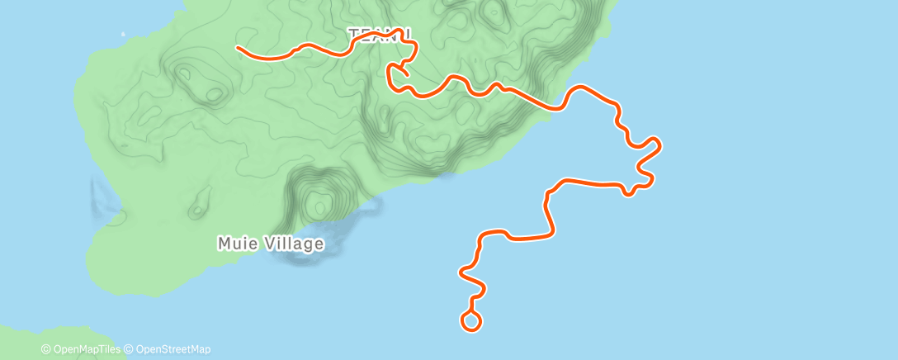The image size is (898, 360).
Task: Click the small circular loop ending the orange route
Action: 471,321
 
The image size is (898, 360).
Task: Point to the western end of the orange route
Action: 239,48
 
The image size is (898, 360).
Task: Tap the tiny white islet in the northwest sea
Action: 122,35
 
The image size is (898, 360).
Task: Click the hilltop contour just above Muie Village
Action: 317,201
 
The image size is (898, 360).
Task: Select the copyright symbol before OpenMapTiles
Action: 45,349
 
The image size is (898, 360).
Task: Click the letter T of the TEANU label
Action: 354,35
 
